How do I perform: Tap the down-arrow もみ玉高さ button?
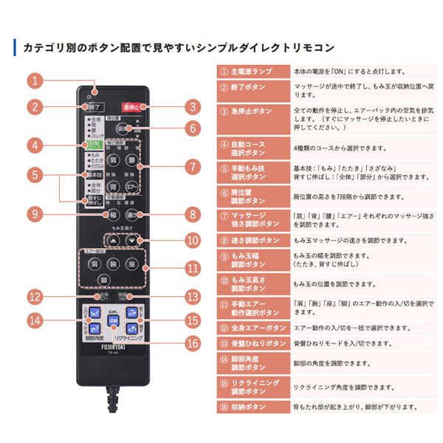(x=130, y=241)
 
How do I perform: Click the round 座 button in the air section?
(x=131, y=263)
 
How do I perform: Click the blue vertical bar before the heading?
(x=16, y=47)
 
